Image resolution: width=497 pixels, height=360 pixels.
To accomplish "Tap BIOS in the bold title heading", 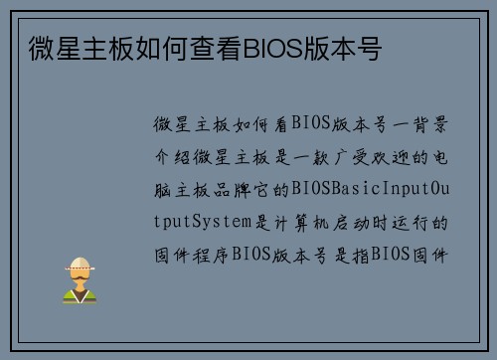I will pos(269,49).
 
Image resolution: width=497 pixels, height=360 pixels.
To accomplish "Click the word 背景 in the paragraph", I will pos(432,124).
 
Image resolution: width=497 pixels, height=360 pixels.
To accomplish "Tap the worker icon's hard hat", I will pos(79,264).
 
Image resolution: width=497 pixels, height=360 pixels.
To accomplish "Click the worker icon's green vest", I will pos(79,294).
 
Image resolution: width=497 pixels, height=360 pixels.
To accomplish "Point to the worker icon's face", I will pos(79,277).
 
